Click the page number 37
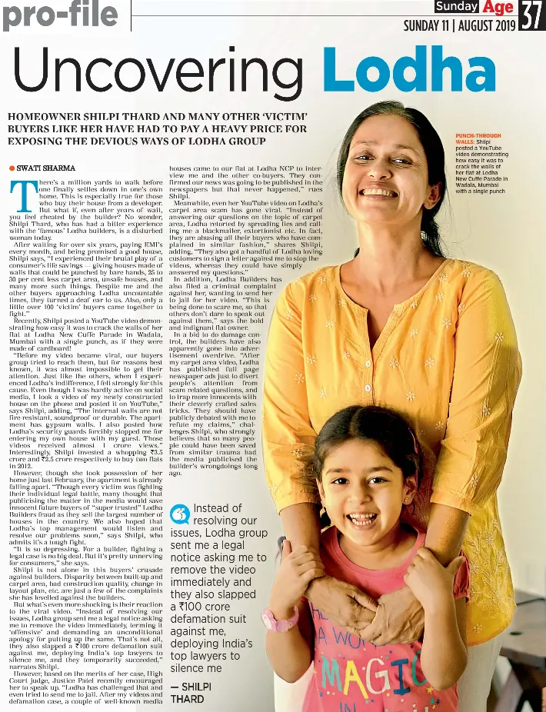[531, 15]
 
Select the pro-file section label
[60, 15]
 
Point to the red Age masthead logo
[498, 8]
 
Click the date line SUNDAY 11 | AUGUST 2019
[459, 25]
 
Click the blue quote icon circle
[179, 514]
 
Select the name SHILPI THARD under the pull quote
[187, 693]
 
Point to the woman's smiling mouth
[378, 191]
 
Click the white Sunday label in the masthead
[456, 7]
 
